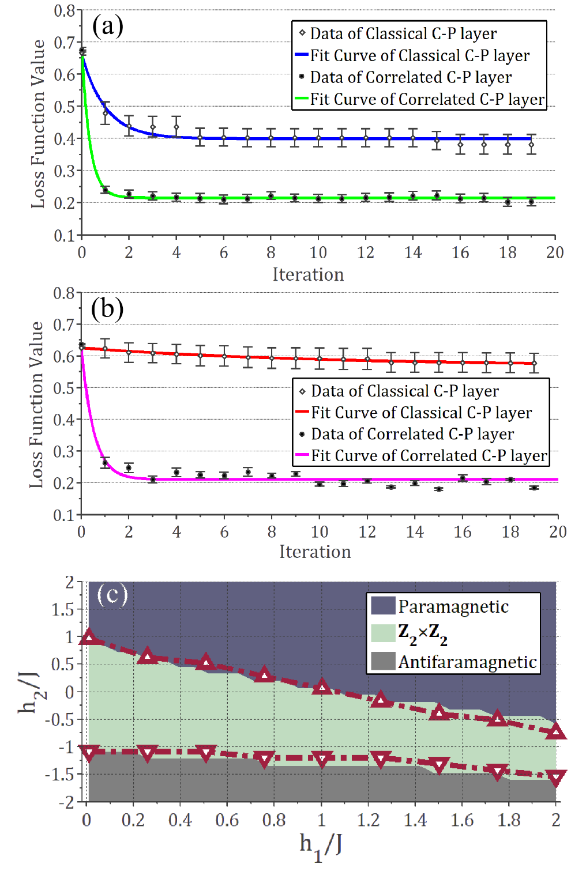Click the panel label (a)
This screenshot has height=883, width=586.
tap(107, 27)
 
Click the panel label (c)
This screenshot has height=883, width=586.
tap(112, 594)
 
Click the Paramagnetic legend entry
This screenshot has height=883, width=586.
tap(453, 606)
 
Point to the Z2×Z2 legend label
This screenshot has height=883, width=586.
tap(423, 633)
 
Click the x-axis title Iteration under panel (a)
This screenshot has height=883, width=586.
tap(308, 274)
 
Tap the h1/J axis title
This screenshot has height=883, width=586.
tap(320, 846)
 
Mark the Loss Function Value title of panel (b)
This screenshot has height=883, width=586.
tap(36, 405)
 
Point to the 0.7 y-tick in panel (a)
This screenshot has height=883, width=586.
tap(65, 42)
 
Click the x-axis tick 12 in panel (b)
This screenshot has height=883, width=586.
tap(367, 532)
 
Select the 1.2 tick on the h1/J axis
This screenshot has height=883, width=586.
tap(368, 820)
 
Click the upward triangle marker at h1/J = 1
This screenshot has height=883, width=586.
tap(322, 686)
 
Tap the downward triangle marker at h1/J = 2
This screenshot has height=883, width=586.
tap(556, 779)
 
